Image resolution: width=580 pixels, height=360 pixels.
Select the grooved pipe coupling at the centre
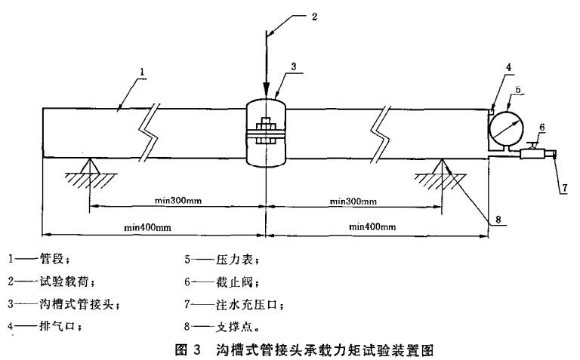click(x=266, y=134)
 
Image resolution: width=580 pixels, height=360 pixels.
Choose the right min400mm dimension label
click(x=375, y=226)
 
